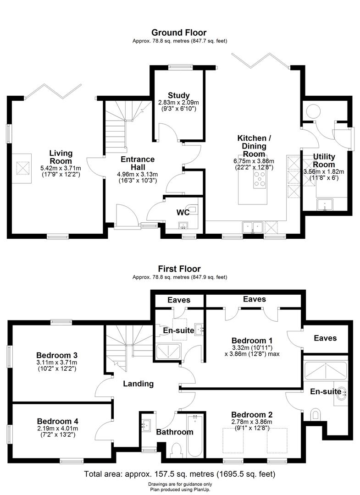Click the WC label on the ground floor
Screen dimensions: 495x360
click(183, 213)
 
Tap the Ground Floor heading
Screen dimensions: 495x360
click(179, 33)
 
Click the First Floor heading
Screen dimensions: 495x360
click(179, 269)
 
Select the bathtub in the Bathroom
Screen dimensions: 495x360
click(195, 435)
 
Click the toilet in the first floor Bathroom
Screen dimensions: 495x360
click(176, 450)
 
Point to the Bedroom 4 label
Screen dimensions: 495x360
click(58, 421)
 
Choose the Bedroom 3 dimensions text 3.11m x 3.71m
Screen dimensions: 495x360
click(57, 362)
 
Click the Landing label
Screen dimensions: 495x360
click(138, 384)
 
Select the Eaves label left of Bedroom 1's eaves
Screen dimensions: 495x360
click(179, 300)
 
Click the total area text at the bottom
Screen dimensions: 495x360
click(180, 473)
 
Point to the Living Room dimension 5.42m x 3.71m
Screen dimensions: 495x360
click(61, 168)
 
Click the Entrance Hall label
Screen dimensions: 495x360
click(138, 163)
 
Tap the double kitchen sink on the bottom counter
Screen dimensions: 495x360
click(252, 226)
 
